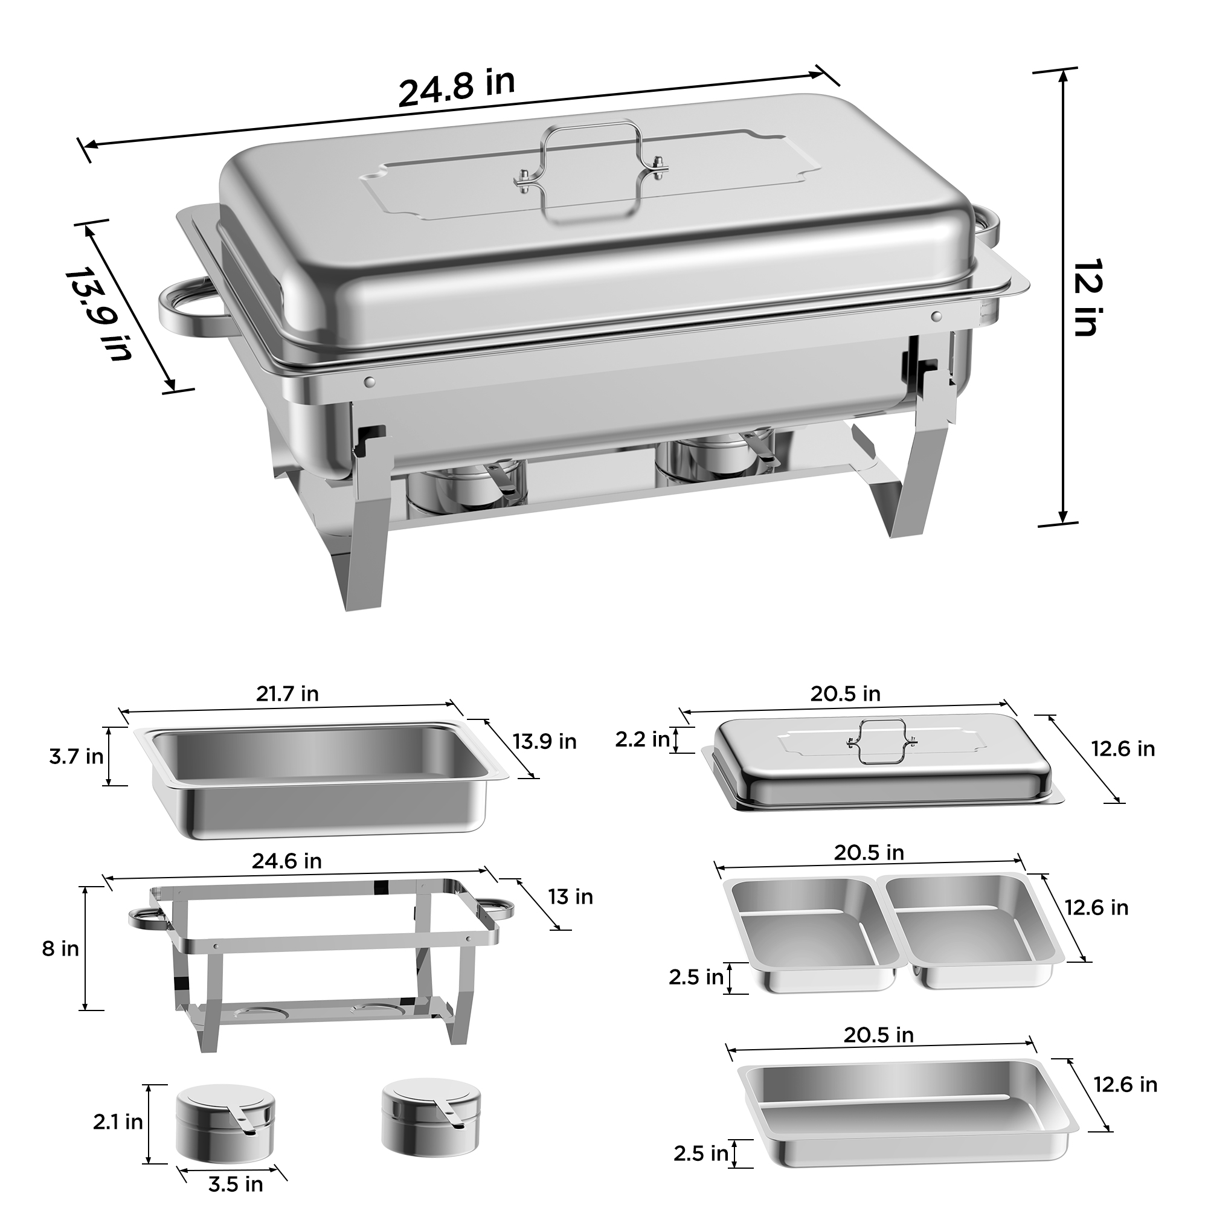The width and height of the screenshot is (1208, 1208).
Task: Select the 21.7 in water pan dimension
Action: (x=287, y=693)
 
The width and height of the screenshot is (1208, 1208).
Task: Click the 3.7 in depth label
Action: (x=76, y=757)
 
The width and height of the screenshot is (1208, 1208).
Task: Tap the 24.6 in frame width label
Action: (x=286, y=861)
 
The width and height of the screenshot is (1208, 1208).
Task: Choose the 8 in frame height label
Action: (x=60, y=948)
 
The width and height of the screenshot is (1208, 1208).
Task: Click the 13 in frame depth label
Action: (x=570, y=896)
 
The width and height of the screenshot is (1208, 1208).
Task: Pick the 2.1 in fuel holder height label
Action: (x=118, y=1122)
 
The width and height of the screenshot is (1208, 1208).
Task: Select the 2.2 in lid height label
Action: (x=642, y=740)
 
